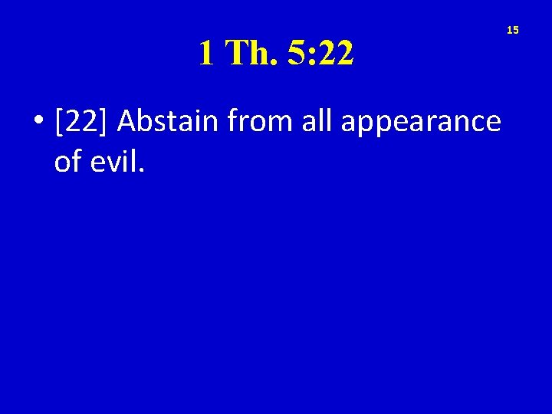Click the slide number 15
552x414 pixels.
click(513, 30)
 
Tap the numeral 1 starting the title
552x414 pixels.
click(205, 53)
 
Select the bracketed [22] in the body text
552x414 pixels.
click(81, 122)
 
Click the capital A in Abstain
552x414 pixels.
click(127, 122)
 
